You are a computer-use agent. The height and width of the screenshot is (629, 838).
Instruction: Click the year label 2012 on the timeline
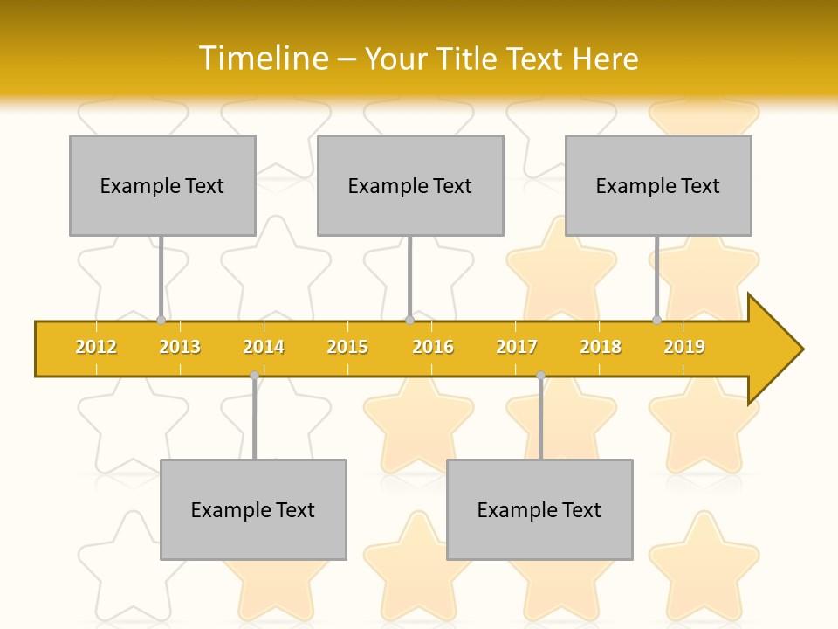96,348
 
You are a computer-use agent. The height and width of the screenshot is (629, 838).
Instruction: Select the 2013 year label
180,348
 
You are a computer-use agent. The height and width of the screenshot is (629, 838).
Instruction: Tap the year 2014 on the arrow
264,348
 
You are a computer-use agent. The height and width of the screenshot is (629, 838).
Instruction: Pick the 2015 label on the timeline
347,348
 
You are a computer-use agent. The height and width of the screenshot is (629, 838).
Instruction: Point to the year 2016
433,348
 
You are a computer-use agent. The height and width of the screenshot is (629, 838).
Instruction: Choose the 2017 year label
517,348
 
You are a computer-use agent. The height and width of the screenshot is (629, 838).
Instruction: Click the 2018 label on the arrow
601,348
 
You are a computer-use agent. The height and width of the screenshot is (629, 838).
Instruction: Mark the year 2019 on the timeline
684,348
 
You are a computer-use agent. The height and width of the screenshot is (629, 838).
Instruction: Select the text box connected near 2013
162,185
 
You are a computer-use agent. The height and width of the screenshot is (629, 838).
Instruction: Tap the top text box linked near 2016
410,185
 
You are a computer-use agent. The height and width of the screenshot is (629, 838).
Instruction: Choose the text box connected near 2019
658,185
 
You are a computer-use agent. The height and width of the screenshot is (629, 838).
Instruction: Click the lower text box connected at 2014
253,509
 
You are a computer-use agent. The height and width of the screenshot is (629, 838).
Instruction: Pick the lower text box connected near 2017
539,509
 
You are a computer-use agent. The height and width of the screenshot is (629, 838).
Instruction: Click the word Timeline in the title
262,59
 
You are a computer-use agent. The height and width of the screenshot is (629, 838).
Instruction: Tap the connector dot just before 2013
161,321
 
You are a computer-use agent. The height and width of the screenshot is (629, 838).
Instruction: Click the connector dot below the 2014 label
254,376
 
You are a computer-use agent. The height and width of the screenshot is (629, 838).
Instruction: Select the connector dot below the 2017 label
540,376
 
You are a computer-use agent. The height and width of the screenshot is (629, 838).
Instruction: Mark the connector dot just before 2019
656,321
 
